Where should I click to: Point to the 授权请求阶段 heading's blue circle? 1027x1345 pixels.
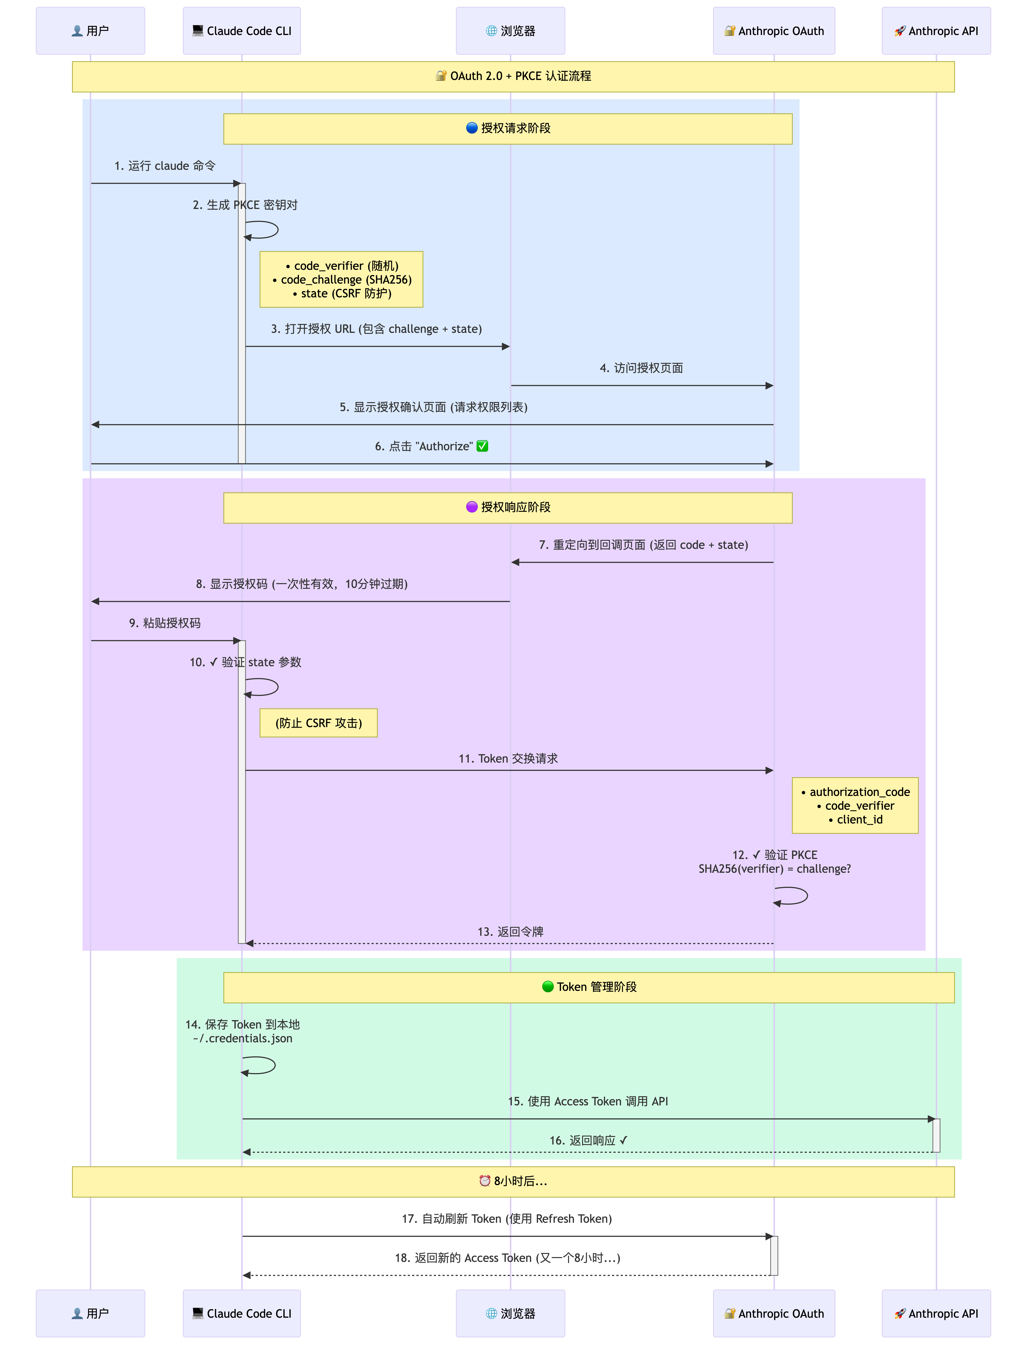click(471, 128)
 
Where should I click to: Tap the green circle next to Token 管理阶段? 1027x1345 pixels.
click(548, 987)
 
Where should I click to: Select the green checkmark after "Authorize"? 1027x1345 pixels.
click(482, 446)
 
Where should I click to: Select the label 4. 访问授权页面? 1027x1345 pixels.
click(641, 368)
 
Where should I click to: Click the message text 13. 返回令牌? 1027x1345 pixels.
click(510, 931)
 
